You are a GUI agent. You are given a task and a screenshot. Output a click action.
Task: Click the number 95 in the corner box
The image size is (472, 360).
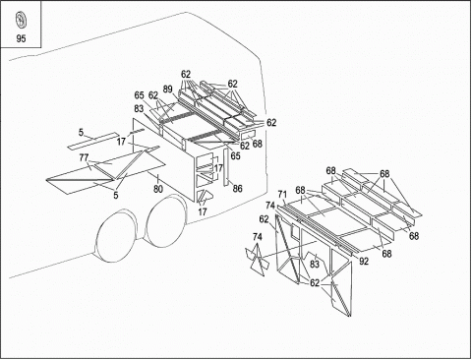21,38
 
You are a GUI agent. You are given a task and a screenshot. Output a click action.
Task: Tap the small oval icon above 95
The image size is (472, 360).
21,21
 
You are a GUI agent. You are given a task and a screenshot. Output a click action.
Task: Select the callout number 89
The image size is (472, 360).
167,90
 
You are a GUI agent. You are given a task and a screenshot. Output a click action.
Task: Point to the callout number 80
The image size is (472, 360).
158,189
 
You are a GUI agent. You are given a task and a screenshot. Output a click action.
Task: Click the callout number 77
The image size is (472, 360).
84,157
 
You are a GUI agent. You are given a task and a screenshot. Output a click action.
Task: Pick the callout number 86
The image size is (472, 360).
237,189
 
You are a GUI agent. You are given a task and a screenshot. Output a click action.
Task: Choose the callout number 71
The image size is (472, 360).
282,195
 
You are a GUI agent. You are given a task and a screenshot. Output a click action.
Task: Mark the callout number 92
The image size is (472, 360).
364,262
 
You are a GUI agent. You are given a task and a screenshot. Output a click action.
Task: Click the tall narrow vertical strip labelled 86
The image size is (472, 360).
226,167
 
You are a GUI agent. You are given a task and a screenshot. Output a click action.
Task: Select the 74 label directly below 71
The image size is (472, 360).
270,206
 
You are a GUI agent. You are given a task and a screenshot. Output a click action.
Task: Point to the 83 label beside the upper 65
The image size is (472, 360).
139,108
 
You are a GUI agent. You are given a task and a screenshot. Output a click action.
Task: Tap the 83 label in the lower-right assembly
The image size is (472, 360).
315,264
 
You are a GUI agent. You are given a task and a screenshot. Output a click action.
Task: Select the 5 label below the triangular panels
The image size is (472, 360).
116,195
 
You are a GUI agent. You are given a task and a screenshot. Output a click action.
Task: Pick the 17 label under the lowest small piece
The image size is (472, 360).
203,211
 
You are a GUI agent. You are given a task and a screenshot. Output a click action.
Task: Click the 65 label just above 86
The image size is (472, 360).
235,155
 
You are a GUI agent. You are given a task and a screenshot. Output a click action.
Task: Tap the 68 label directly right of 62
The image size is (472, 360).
258,144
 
